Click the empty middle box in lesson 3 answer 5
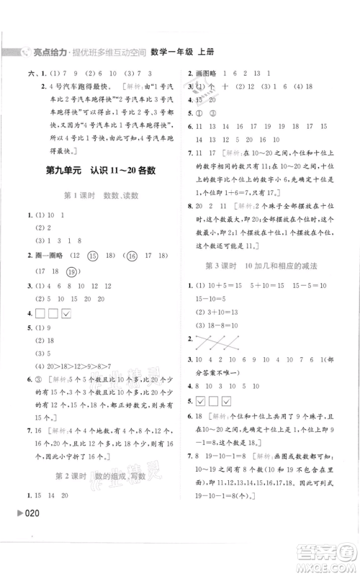click(x=215, y=401)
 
